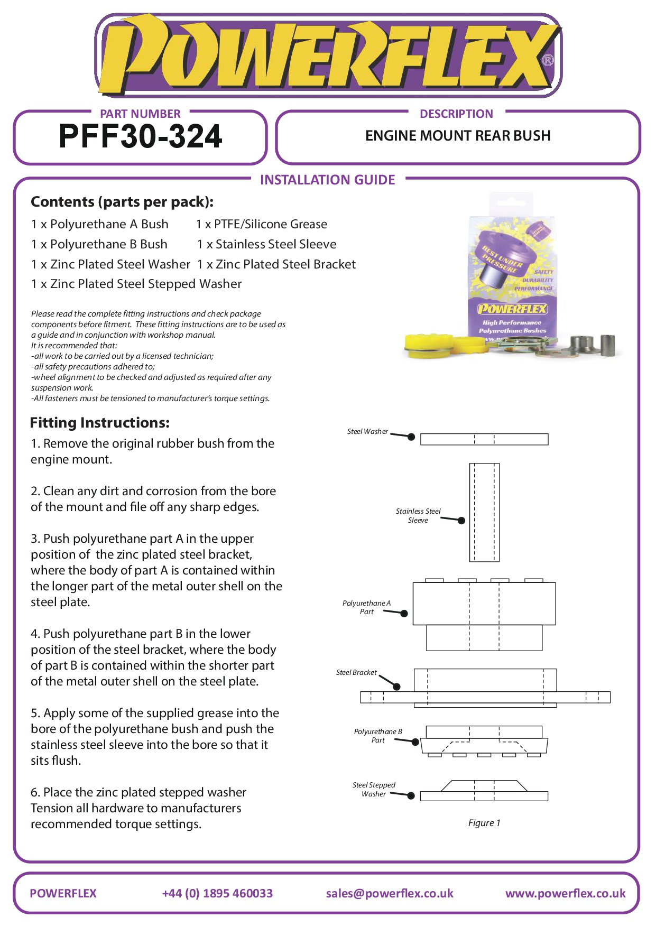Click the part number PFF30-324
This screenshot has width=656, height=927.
141,136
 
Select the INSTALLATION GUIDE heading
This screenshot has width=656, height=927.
327,180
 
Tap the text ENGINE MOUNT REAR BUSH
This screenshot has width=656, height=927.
458,136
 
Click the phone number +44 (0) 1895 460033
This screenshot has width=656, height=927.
217,893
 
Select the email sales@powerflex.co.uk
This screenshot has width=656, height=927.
390,893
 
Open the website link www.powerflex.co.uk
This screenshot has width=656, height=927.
565,893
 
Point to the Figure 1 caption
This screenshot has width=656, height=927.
484,823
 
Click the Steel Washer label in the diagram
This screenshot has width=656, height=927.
367,432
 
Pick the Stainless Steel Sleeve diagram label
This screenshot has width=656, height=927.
418,515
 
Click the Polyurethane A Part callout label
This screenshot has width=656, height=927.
366,607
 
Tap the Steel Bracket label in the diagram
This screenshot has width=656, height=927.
356,673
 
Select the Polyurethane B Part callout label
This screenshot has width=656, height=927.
378,736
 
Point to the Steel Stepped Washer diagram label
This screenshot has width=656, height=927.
374,789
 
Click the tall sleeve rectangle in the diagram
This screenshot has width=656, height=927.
484,512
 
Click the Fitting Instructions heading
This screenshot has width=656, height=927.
100,423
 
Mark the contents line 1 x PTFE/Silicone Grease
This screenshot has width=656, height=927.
262,224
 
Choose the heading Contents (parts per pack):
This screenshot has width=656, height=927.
122,202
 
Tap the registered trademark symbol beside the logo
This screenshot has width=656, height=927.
548,60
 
